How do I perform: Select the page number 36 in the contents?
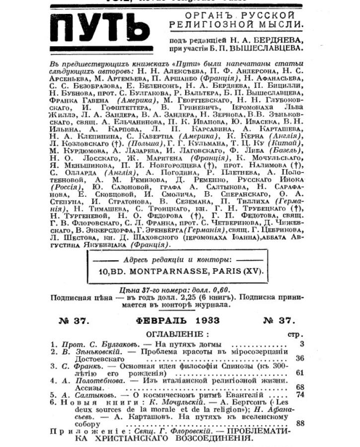point(299,358)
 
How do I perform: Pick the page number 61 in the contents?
point(299,372)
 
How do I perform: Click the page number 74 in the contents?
point(299,394)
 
